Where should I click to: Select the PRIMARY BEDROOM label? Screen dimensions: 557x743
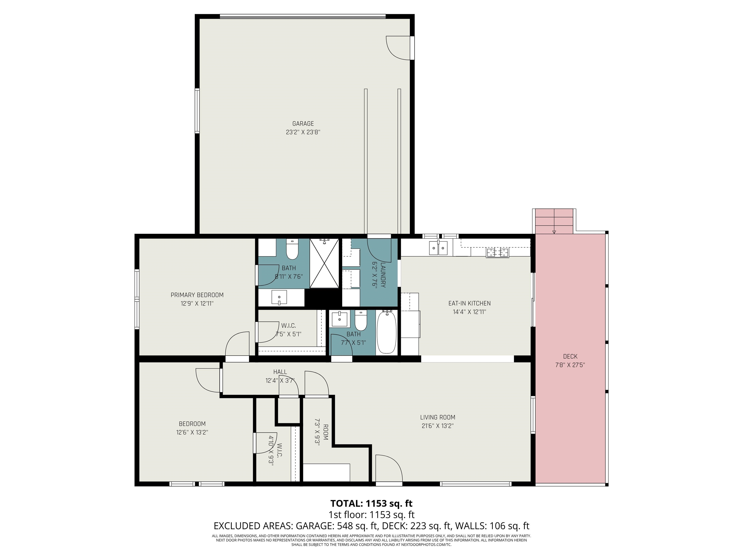(x=197, y=295)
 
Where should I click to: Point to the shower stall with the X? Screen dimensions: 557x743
(x=324, y=263)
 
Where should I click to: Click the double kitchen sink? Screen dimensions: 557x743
(x=438, y=248)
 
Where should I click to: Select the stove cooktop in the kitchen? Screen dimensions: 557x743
(x=497, y=252)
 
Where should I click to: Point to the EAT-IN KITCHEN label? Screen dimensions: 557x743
(x=469, y=303)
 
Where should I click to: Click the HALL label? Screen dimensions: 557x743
(x=280, y=372)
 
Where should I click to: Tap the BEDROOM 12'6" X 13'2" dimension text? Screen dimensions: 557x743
(x=192, y=432)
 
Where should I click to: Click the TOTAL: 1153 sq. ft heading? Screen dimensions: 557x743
(x=371, y=503)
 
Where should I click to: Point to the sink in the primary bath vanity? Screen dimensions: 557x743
(x=279, y=297)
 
